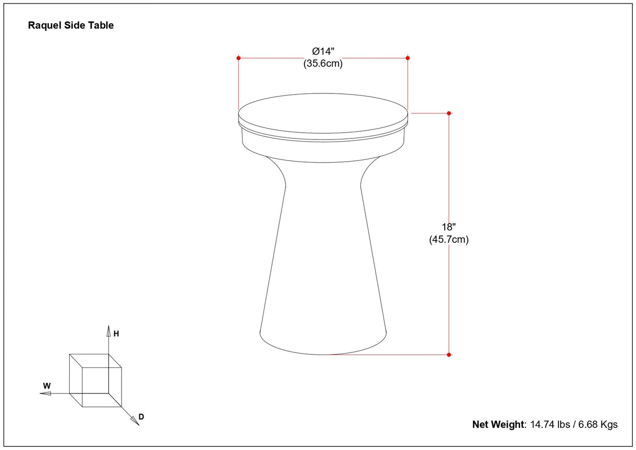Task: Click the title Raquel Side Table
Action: coord(71,25)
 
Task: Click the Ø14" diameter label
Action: coord(323,51)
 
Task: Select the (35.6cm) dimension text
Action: coord(323,63)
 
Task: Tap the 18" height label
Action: coord(449,227)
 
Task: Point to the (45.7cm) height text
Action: coord(449,240)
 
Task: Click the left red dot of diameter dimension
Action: coord(239,58)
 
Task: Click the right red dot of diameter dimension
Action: coord(408,58)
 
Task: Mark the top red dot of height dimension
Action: coord(449,113)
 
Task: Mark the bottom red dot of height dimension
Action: coord(449,355)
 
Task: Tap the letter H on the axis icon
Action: coord(116,334)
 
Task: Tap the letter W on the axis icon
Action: coord(47,386)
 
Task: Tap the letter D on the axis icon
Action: coord(141,417)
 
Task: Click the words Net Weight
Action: coord(498,424)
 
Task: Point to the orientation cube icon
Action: coord(95,380)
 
